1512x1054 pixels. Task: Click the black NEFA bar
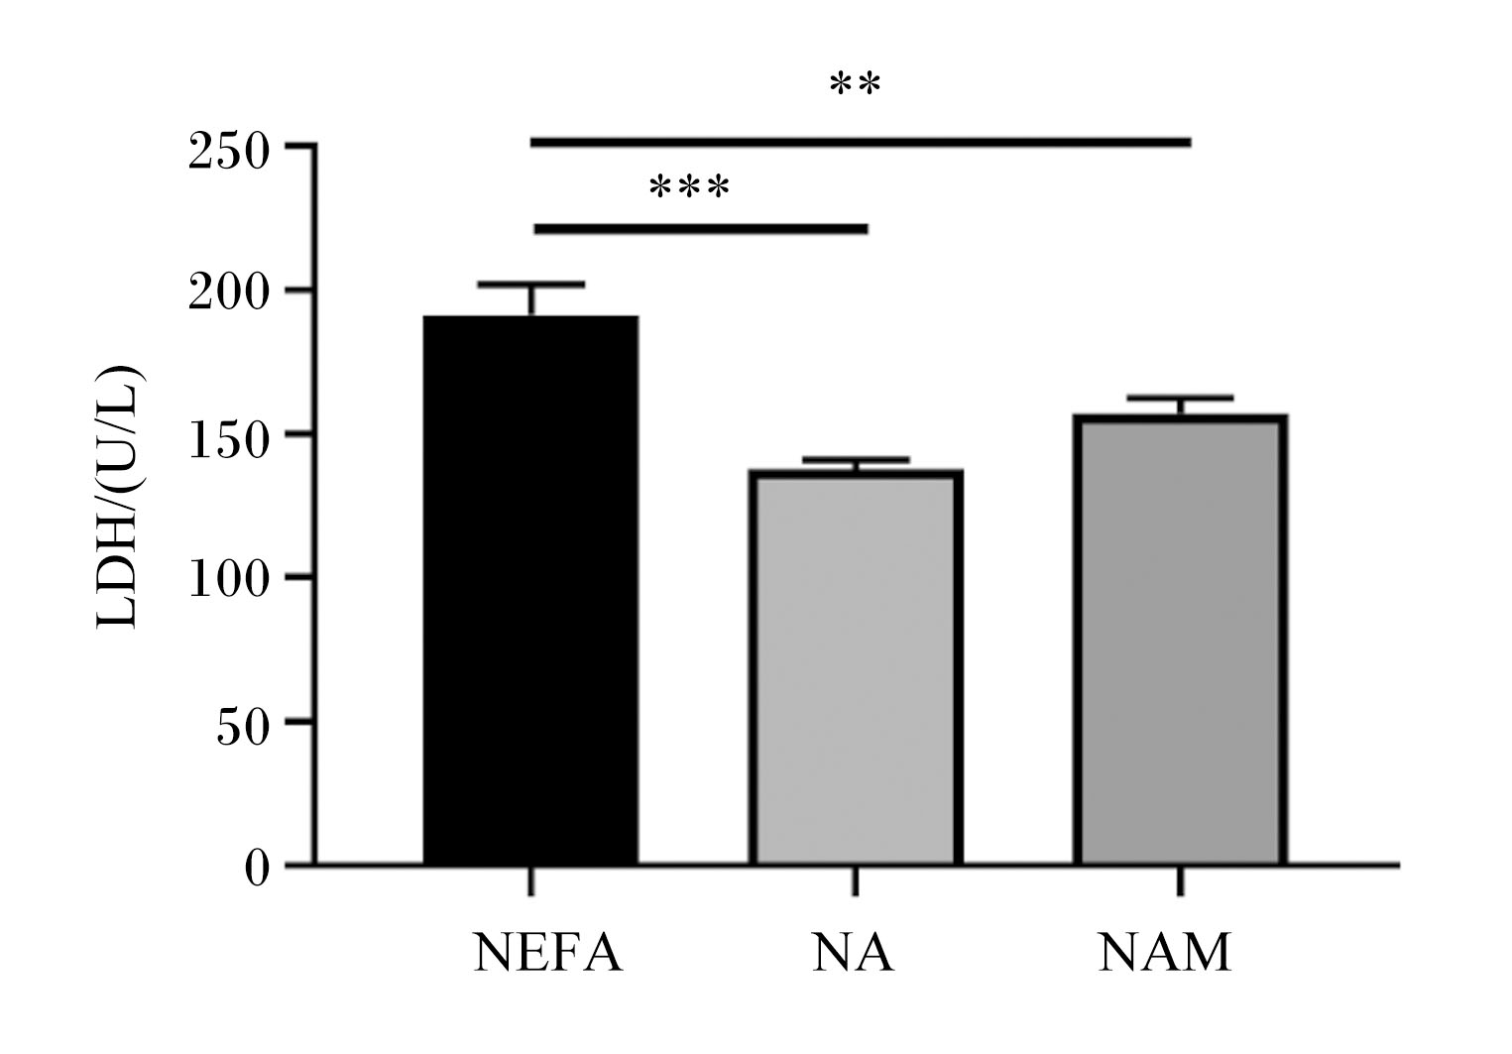pos(530,589)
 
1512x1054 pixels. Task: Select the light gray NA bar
pos(856,667)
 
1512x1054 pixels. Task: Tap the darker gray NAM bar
pos(1180,640)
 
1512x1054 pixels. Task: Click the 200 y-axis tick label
pos(229,293)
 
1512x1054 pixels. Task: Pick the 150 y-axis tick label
pos(229,441)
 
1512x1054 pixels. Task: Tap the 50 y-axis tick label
pos(243,728)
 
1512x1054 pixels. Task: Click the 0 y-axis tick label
pos(257,869)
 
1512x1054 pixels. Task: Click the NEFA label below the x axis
pos(548,953)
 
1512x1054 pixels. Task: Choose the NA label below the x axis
pos(854,953)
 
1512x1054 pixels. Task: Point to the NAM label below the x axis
pos(1165,953)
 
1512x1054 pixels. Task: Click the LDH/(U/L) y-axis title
pos(119,498)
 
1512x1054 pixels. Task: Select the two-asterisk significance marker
pos(856,83)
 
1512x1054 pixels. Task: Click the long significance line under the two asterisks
pos(861,143)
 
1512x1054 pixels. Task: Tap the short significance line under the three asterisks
pos(701,230)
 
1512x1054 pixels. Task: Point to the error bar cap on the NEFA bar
pos(531,285)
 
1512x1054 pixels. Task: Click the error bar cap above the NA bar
pos(856,460)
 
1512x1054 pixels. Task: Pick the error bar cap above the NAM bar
pos(1180,398)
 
